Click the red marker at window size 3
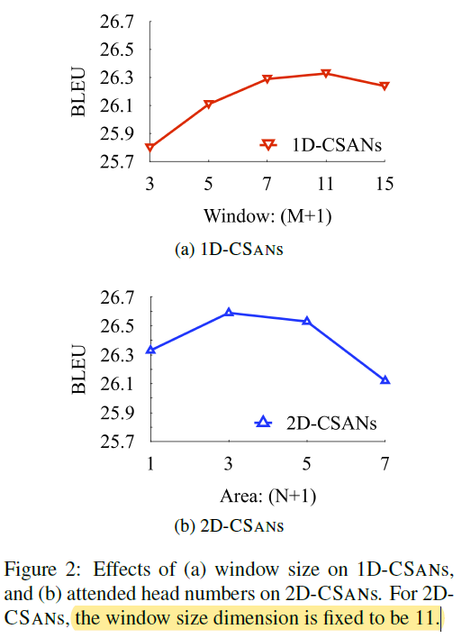coord(150,148)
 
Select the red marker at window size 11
coord(326,73)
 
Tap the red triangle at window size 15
coord(385,86)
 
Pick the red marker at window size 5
coord(209,104)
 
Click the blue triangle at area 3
coord(229,312)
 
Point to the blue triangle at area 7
coord(385,379)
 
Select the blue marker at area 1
coord(150,349)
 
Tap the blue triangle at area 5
coord(307,320)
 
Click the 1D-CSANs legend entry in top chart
coord(324,143)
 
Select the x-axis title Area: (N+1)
coord(267,495)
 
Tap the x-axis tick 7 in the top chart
coord(267,184)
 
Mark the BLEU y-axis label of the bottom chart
coord(78,370)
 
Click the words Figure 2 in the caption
coord(47,570)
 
